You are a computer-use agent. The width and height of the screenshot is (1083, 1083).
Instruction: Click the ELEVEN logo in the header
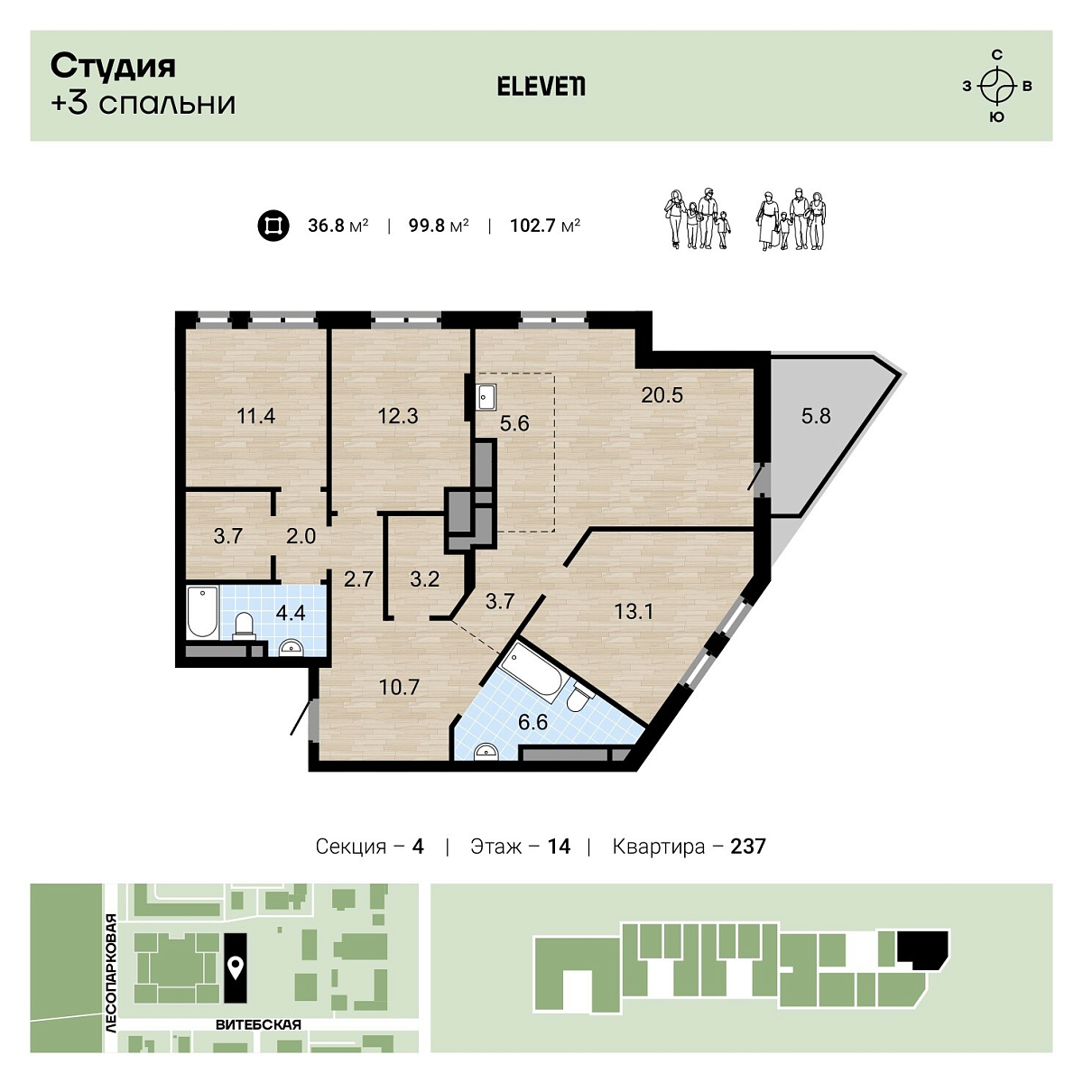pos(541,87)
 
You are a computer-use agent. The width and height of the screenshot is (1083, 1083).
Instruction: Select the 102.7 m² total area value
pos(544,226)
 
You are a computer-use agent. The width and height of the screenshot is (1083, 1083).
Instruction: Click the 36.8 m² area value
pos(338,226)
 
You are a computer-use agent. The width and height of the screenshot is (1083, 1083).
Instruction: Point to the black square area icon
pos(273,226)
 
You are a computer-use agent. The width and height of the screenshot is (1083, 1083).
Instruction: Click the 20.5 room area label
pos(662,395)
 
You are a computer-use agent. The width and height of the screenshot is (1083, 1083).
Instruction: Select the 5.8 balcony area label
pos(816,416)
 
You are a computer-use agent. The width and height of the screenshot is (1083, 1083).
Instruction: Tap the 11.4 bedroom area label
pos(255,416)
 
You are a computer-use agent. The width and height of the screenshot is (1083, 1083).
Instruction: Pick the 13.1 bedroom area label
pos(634,612)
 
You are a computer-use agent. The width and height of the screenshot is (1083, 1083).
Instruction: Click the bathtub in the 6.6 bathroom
pos(531,672)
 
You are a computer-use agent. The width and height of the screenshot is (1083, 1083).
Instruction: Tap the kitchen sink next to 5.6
pos(486,397)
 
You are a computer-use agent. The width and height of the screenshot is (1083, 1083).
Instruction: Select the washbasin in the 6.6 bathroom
pos(486,752)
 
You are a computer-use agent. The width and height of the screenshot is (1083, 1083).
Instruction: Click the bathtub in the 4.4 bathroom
pos(202,612)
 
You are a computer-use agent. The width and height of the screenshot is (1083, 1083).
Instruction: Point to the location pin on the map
pos(235,967)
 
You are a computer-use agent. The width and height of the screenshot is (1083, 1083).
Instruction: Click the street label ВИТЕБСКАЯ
pos(258,1024)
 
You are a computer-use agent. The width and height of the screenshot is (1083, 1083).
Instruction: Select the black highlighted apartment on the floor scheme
pos(923,949)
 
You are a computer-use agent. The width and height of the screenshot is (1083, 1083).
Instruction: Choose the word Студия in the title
pos(113,67)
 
